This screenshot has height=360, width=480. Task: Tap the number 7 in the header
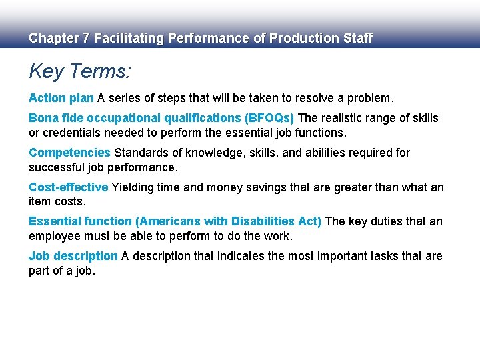pyautogui.click(x=85, y=39)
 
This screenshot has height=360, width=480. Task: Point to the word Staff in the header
pyautogui.click(x=358, y=39)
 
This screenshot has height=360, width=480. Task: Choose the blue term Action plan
pyautogui.click(x=61, y=98)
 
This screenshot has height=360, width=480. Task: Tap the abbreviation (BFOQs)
pyautogui.click(x=269, y=118)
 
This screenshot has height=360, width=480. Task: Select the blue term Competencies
pyautogui.click(x=69, y=153)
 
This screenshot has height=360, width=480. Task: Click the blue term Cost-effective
pyautogui.click(x=68, y=187)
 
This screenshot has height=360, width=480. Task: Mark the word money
pyautogui.click(x=217, y=187)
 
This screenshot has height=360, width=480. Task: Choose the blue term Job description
pyautogui.click(x=73, y=256)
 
